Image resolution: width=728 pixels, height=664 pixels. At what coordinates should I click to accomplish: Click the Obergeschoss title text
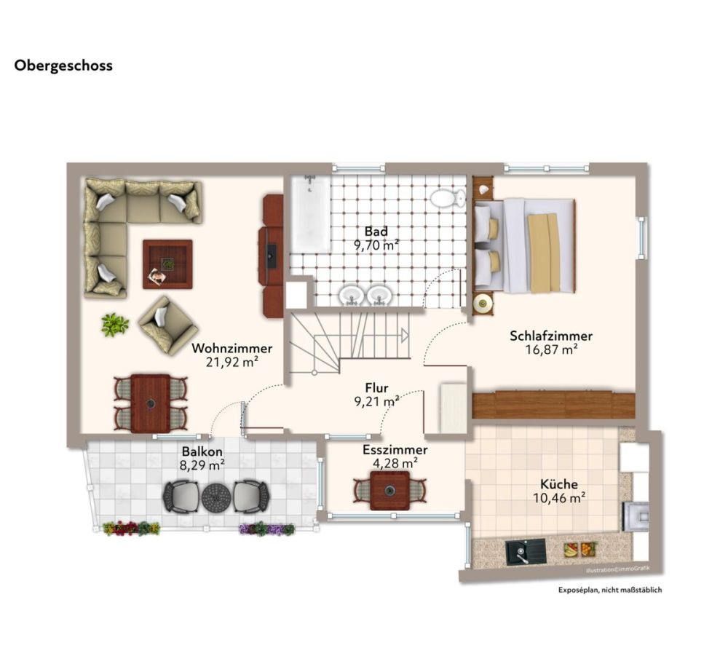point(63,66)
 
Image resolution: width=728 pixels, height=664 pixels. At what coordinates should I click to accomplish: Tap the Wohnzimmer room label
point(232,348)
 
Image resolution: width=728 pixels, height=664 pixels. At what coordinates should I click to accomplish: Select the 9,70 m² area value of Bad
point(376,246)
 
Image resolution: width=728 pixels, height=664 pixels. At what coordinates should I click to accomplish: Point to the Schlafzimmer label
point(551,336)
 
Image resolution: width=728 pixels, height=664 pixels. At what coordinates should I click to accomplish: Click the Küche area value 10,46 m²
point(559,498)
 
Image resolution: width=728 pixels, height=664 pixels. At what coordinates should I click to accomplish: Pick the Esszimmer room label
point(395,450)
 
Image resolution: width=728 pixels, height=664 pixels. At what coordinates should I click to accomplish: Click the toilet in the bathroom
point(447,197)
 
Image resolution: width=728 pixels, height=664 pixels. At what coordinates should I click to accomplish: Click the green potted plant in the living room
point(114,324)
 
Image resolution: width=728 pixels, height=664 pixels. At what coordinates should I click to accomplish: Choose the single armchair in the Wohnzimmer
point(167,324)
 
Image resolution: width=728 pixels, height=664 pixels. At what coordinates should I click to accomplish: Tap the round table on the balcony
point(216,497)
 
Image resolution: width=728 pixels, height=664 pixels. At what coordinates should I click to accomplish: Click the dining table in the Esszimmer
point(389,490)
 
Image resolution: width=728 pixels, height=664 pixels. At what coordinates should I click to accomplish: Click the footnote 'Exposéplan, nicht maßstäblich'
point(610,590)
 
